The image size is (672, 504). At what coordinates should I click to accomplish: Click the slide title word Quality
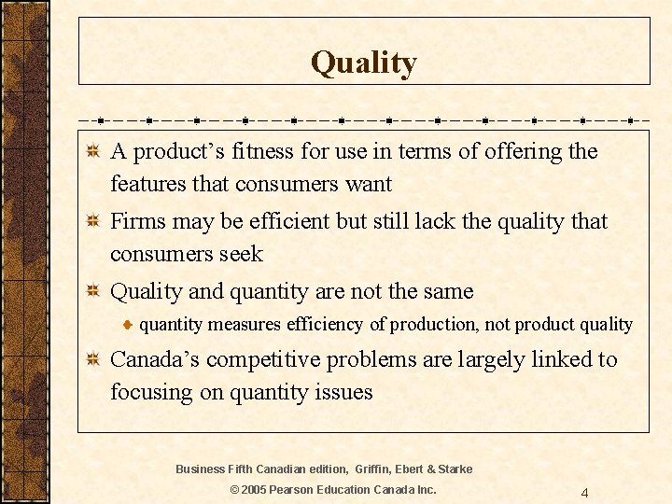(363, 63)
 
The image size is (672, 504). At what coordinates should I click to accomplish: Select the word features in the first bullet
(147, 184)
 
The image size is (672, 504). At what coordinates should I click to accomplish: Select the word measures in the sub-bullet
(245, 325)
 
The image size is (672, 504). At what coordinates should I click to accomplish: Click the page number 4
(584, 493)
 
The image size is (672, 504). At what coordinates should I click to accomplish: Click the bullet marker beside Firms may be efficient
(91, 221)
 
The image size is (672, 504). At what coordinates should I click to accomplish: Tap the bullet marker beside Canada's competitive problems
(91, 359)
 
